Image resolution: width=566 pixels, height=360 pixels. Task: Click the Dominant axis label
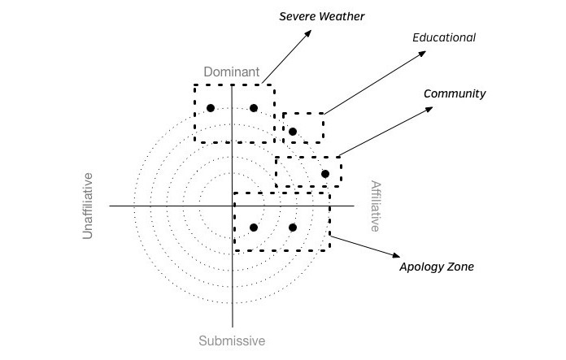click(x=232, y=72)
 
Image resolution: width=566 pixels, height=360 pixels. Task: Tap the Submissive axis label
click(x=232, y=340)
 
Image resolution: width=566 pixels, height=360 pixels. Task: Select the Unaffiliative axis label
click(x=89, y=206)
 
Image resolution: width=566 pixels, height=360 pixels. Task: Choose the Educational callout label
click(x=444, y=37)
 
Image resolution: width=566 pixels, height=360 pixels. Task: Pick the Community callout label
click(x=455, y=93)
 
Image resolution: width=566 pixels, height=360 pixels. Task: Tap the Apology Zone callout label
click(x=437, y=267)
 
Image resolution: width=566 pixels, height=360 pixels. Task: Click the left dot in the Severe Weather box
click(x=210, y=108)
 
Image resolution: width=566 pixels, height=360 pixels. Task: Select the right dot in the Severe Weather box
click(x=254, y=108)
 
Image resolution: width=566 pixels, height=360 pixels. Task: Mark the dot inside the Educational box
click(x=293, y=131)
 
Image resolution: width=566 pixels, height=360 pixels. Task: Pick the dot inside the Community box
click(x=325, y=173)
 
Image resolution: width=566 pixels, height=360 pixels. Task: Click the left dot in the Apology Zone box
click(x=254, y=228)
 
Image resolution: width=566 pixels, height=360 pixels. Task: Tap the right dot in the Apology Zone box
click(x=293, y=228)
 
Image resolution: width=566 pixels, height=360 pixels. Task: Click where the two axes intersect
click(x=233, y=206)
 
